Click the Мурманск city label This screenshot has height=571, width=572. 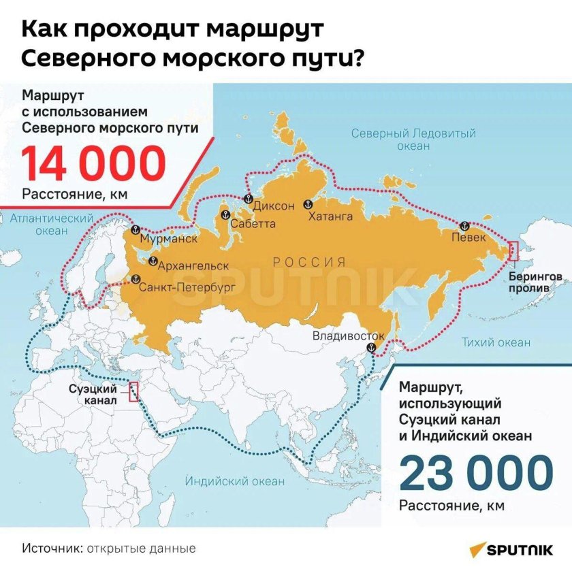pos(168,240)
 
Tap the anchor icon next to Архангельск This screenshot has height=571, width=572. pos(153,261)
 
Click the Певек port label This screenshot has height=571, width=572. pos(469,238)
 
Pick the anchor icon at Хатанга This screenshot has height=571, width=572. pos(307,203)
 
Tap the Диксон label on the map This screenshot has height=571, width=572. pos(274,206)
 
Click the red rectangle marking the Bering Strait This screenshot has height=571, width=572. pos(514,251)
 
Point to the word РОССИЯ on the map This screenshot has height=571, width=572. pos(309,262)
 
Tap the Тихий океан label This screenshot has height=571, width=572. pos(496,342)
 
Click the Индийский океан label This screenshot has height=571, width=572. pos(235,481)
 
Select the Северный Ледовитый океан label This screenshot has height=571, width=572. pos(413,139)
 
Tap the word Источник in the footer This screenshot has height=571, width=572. pos(50,548)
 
